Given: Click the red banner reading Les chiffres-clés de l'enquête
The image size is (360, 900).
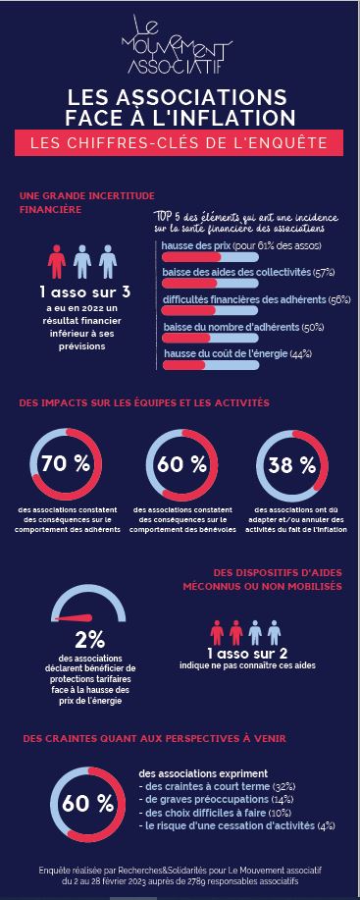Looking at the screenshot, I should coord(180,143).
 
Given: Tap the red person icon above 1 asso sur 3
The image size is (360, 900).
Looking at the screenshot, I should coord(57,263).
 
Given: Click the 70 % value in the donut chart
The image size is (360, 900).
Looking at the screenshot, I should coord(67,465).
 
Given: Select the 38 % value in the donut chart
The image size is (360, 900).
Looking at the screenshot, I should coord(292,465).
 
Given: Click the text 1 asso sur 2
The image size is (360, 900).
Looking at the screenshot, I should coord(247,654).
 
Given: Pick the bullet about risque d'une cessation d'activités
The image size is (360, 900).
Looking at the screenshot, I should coord(239,826).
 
